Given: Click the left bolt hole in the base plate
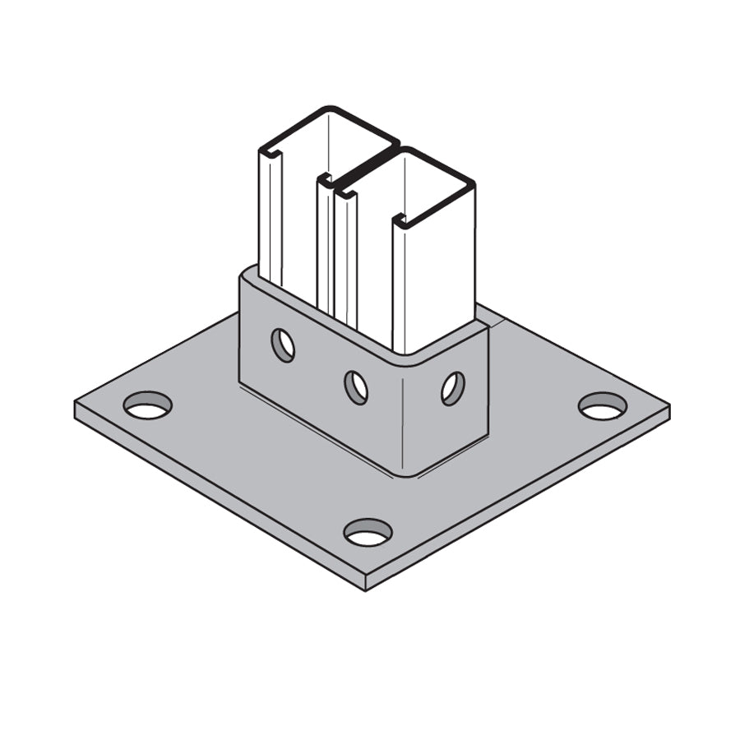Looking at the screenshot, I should (148, 405).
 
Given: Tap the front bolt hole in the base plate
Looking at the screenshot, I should (368, 533).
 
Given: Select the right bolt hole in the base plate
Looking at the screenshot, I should (602, 405).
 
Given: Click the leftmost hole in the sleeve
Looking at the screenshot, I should (283, 345).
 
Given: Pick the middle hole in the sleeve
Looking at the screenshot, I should (356, 386).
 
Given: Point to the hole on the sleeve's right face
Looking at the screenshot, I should (452, 388).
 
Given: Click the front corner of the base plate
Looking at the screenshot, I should (364, 587).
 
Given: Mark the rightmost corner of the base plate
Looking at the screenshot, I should (668, 409).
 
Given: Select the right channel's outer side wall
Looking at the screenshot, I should (434, 263).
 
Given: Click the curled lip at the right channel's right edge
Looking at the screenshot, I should (400, 220).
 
